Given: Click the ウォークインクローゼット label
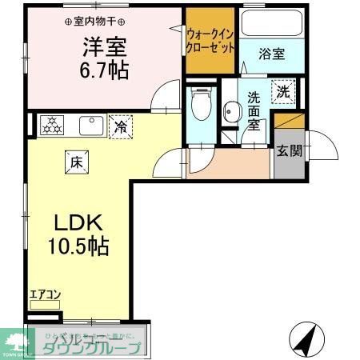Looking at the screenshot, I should coord(211,41).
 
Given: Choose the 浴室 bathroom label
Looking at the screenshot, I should coord(271,54).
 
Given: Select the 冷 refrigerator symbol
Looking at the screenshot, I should coord(121,126).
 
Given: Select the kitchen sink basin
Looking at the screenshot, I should coord(90,125).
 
